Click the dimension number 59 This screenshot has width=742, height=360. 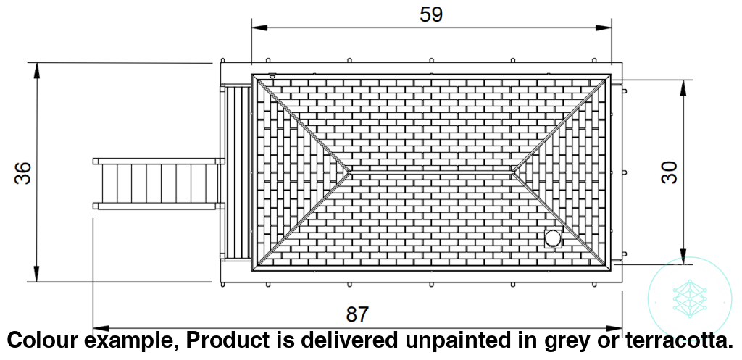pos(431,14)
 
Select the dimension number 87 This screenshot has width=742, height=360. pos(358,314)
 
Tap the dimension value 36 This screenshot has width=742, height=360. pos(22,173)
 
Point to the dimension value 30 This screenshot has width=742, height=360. pos(669,172)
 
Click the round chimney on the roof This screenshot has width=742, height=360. pos(553,238)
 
